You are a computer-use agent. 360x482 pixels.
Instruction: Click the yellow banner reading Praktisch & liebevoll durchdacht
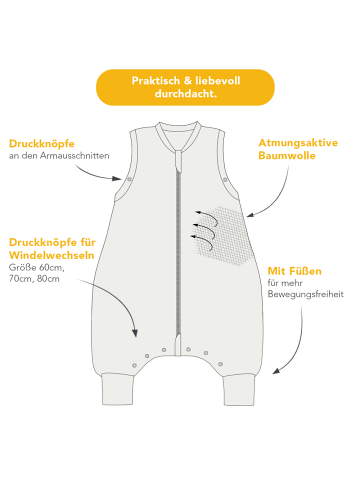click(185, 86)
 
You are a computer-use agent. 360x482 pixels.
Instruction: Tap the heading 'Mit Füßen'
click(294, 270)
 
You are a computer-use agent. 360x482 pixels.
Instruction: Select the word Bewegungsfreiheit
click(305, 295)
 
